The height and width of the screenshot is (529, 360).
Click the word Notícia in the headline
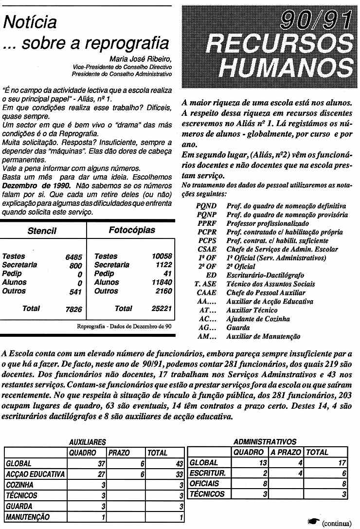[30, 22]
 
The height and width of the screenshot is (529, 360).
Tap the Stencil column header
[42, 231]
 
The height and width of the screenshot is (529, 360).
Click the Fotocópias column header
[131, 230]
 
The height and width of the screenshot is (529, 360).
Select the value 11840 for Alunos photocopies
[162, 282]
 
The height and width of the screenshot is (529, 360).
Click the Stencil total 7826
[73, 310]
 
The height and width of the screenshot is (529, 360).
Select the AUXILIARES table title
[88, 442]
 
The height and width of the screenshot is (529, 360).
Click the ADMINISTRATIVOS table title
[265, 442]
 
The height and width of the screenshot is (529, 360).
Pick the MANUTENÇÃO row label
[28, 517]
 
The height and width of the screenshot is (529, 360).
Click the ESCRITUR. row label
[207, 473]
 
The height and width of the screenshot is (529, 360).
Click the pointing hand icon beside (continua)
[313, 522]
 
